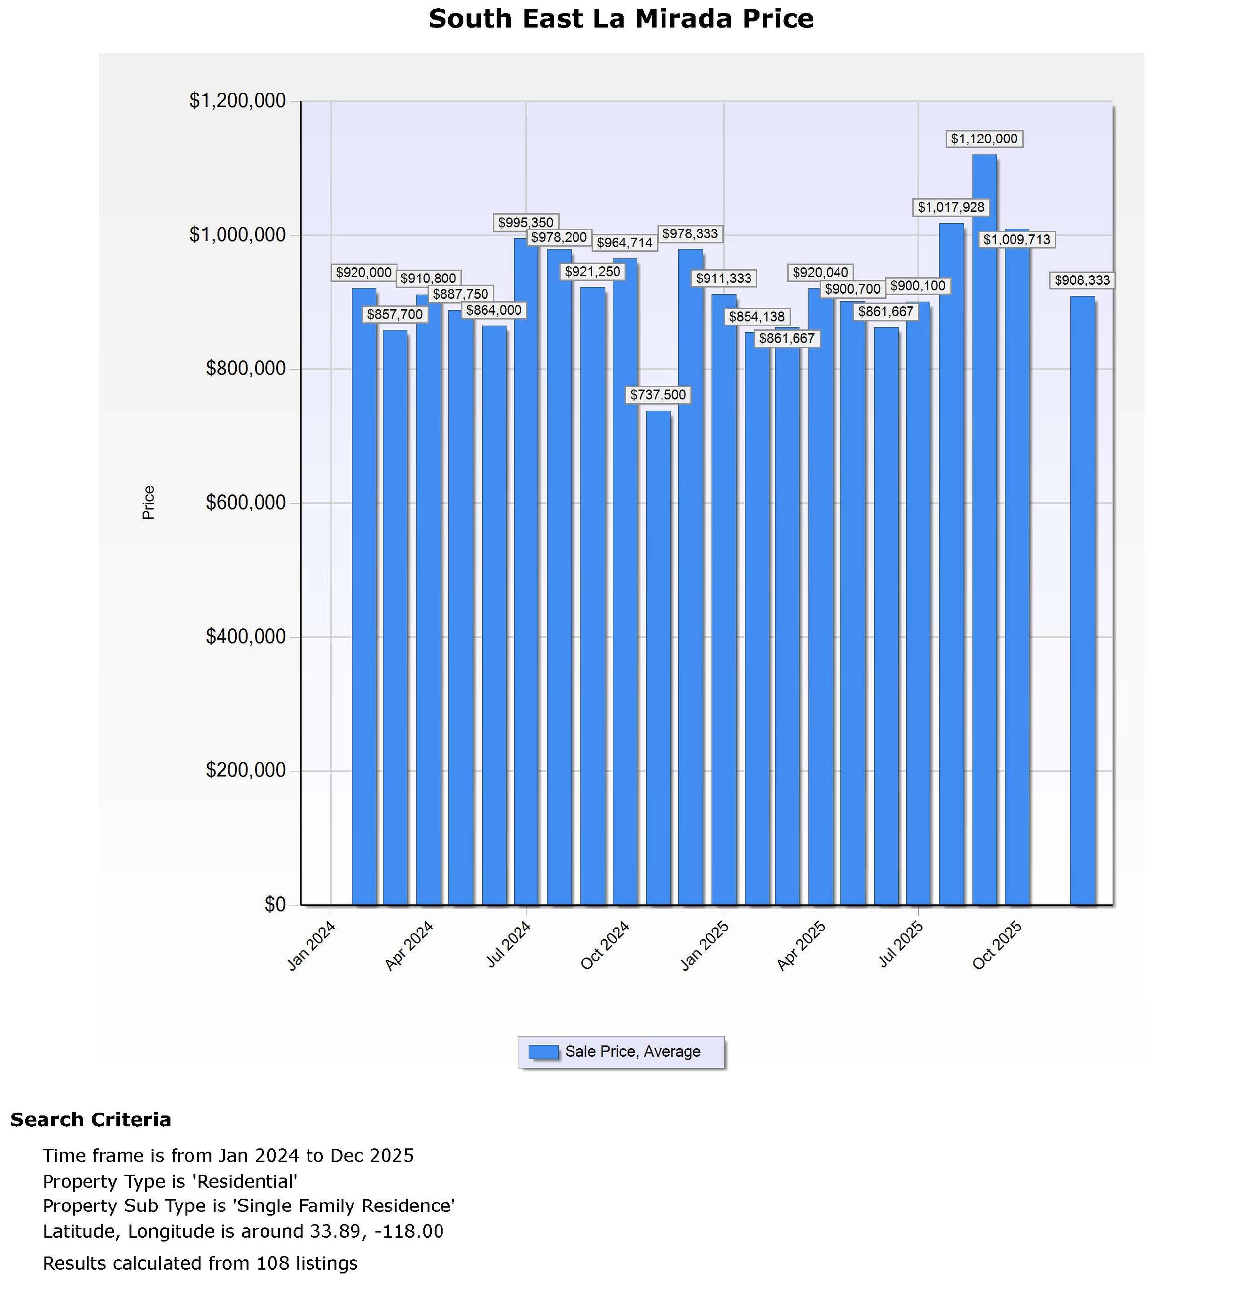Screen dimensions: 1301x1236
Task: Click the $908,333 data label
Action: pos(1082,280)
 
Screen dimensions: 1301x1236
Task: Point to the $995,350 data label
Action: pos(526,223)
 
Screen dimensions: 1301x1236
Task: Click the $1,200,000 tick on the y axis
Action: pos(238,101)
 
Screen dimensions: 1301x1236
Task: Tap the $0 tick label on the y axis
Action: pos(275,904)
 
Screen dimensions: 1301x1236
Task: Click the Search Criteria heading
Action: pos(91,1120)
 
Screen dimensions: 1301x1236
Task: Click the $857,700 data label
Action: pos(395,315)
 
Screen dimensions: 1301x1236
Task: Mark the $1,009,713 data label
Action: pos(1016,240)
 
